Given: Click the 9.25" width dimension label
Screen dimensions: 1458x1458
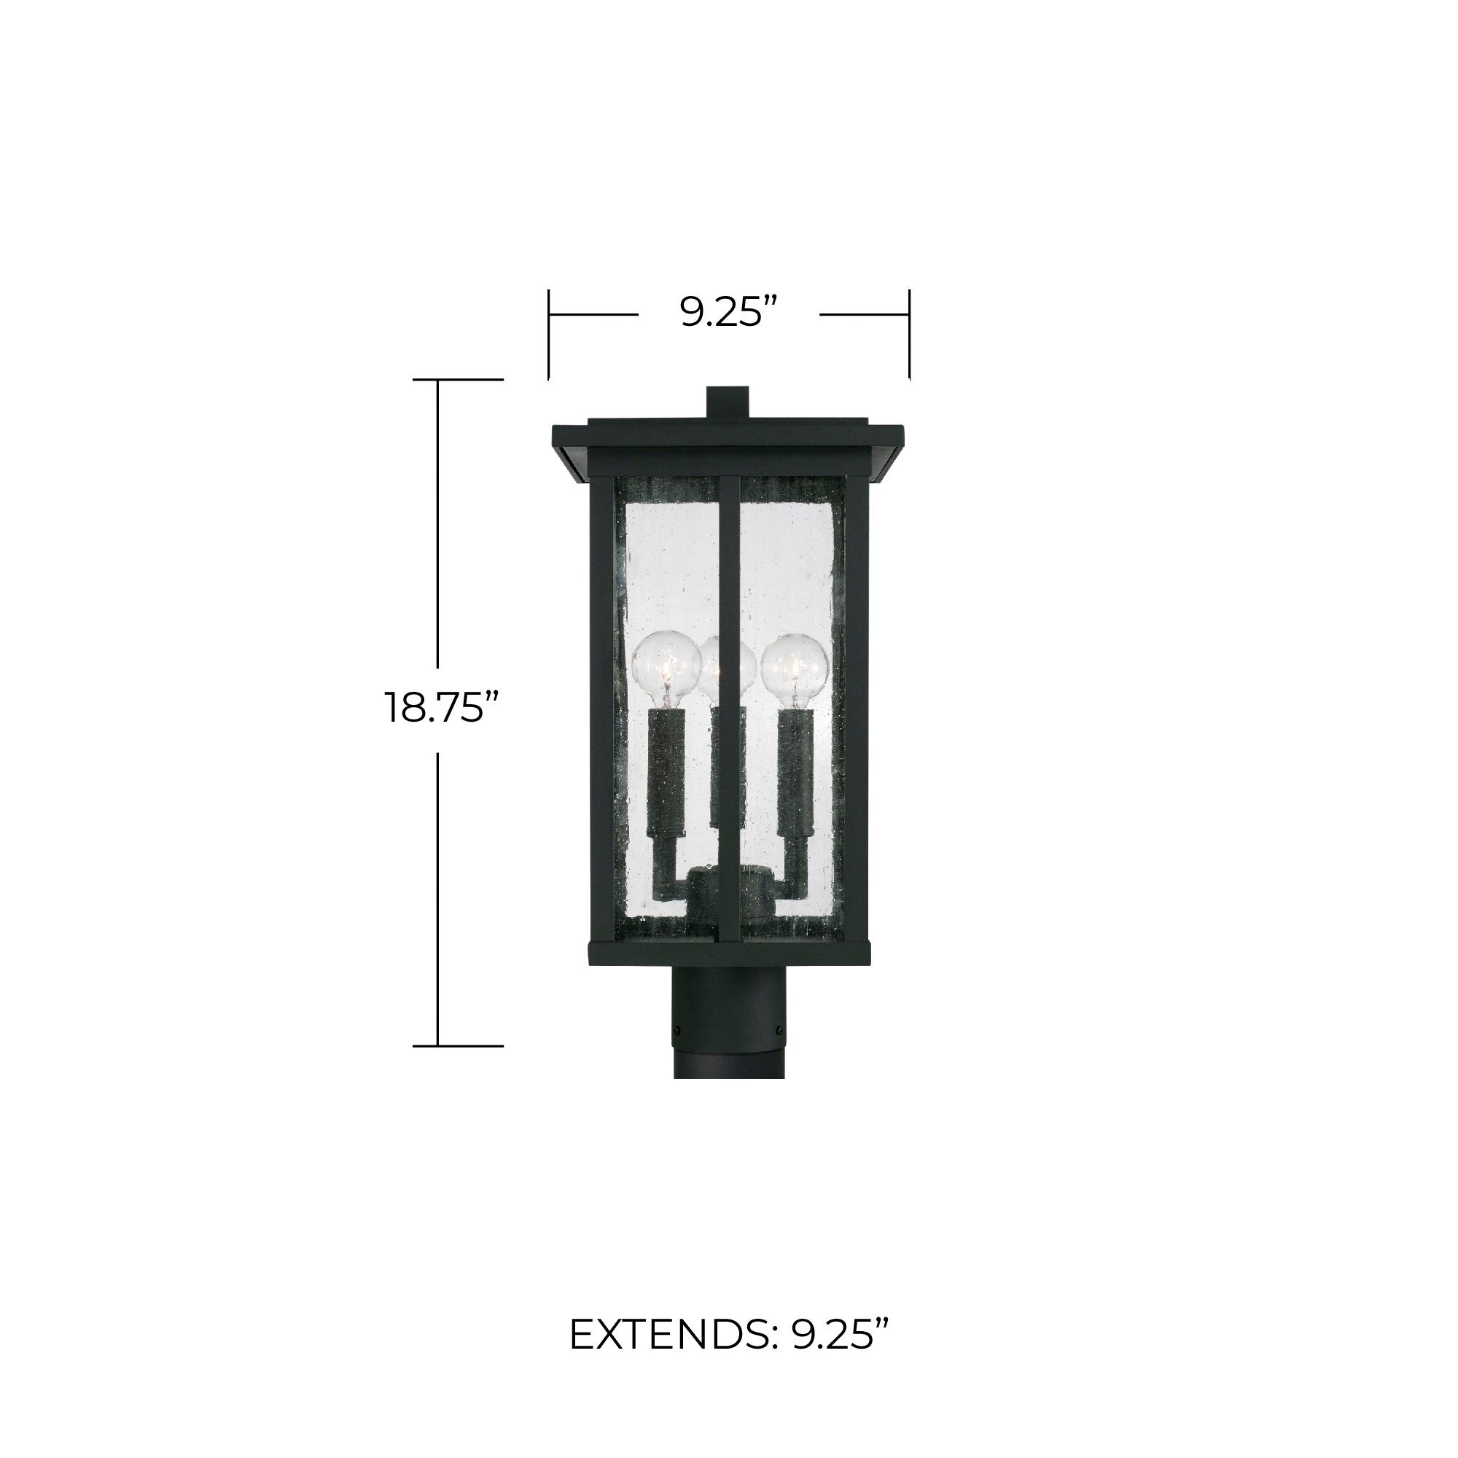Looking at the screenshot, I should click(x=728, y=312).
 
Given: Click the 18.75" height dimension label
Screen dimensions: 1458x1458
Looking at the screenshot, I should click(x=443, y=708).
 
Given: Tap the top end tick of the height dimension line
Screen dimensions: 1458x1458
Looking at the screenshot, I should click(x=457, y=380).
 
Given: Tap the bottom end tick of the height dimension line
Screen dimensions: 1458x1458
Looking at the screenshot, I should click(x=457, y=1046).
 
